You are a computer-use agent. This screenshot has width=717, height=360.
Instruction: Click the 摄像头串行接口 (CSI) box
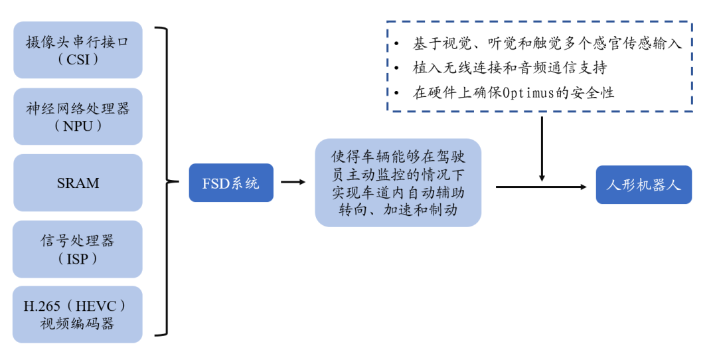[x=78, y=50]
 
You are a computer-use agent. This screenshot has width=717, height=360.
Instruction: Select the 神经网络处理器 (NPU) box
[x=78, y=116]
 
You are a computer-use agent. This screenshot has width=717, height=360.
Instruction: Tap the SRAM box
[x=78, y=183]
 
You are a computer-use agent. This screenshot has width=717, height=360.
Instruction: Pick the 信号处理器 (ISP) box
[x=78, y=249]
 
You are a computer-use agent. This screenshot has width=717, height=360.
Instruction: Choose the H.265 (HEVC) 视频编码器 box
[x=78, y=315]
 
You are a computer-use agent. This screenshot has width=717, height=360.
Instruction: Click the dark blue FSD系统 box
[x=231, y=183]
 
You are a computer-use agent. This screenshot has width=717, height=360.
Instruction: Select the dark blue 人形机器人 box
[x=643, y=185]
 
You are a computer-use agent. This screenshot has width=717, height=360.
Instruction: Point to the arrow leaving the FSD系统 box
[x=293, y=182]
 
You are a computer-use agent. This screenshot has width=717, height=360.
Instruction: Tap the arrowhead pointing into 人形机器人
[x=584, y=187]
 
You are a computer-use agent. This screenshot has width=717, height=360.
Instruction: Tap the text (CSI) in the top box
[x=78, y=60]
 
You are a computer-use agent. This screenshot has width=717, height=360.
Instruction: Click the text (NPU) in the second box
[x=78, y=126]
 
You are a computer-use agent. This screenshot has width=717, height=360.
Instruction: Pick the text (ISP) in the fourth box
[x=78, y=259]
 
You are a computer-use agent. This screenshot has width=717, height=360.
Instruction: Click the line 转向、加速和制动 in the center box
[x=398, y=210]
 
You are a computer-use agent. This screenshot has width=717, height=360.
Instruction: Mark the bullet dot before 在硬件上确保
[x=396, y=93]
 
